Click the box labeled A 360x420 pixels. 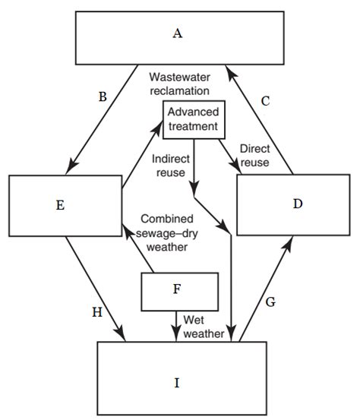(x=176, y=36)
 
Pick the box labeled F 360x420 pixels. (x=180, y=289)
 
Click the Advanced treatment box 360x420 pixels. (x=192, y=118)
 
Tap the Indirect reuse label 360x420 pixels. (x=170, y=166)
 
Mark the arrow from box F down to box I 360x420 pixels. (x=177, y=324)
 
